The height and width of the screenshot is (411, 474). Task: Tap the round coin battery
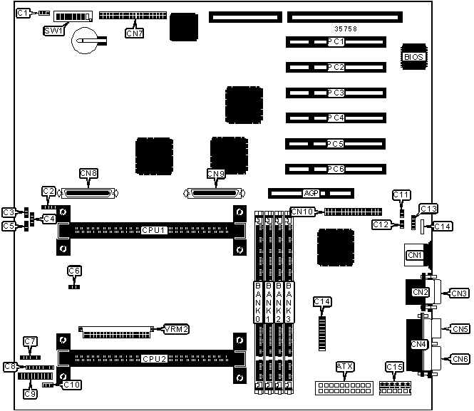click(x=85, y=40)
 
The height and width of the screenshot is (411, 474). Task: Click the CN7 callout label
click(x=133, y=32)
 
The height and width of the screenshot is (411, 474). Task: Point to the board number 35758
click(x=347, y=29)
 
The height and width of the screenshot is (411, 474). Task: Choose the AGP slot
click(x=311, y=192)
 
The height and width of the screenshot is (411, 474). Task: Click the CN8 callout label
click(x=89, y=173)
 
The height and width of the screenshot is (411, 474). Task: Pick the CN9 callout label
click(x=215, y=173)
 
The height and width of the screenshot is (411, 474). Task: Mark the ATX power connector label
click(x=345, y=366)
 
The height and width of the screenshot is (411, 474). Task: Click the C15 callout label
click(x=394, y=366)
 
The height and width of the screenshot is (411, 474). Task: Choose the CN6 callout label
click(x=460, y=360)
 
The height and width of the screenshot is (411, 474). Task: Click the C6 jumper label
click(x=74, y=271)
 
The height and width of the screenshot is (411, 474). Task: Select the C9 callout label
click(x=30, y=393)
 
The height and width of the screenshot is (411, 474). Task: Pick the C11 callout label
click(x=401, y=194)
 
